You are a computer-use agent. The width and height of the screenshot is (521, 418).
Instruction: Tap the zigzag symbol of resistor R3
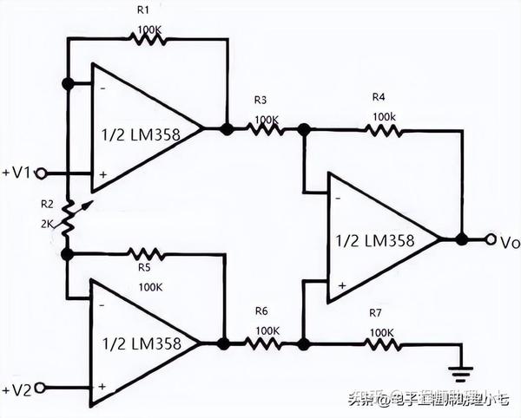(x=264, y=129)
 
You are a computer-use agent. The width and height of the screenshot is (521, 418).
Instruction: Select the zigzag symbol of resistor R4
(x=381, y=129)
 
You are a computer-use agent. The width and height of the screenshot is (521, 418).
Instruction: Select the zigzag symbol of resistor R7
(x=381, y=343)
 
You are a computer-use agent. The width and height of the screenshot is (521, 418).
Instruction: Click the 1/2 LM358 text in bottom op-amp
(x=142, y=343)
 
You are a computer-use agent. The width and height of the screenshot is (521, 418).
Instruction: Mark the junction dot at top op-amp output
(x=226, y=129)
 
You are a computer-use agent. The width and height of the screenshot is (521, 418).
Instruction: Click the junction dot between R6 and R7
(x=302, y=343)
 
